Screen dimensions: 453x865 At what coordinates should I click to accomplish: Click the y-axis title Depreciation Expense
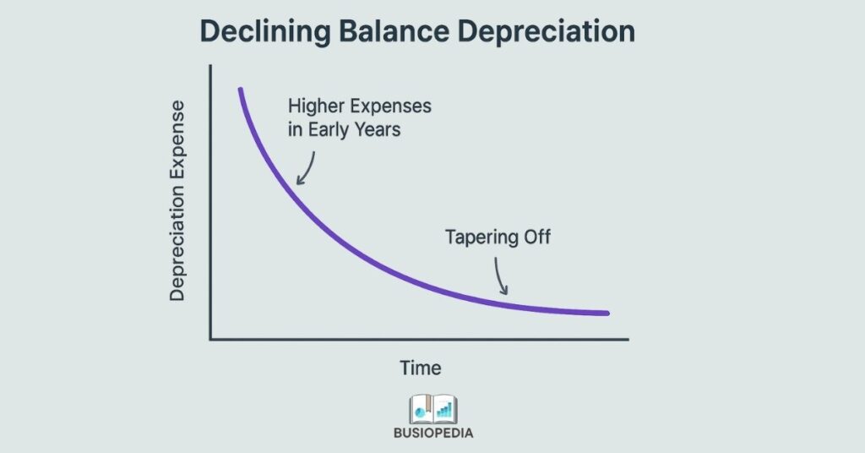[177, 200]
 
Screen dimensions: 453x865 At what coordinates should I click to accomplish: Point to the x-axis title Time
[420, 368]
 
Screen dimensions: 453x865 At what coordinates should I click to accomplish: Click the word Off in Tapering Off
[537, 237]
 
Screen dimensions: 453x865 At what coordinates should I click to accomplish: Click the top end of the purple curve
[241, 90]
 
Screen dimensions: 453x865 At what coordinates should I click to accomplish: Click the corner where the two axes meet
[210, 339]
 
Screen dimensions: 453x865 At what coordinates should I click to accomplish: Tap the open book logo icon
[432, 410]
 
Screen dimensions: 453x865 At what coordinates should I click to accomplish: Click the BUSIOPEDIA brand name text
[432, 433]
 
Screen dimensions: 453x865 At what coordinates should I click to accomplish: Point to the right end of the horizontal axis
[628, 339]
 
